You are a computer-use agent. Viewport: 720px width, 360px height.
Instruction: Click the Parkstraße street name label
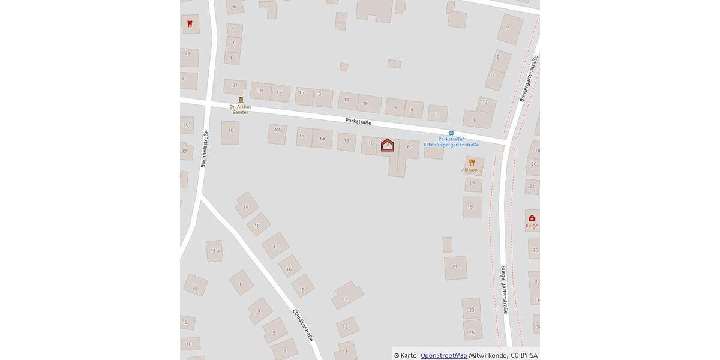358,121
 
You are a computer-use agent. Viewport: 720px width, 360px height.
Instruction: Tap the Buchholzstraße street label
203,148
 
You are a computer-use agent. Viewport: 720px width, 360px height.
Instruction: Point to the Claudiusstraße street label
302,325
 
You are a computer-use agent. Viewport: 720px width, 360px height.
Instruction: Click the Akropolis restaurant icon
472,162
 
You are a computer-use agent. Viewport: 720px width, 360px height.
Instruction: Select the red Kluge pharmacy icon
532,218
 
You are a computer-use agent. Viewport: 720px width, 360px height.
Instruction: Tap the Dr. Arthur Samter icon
241,100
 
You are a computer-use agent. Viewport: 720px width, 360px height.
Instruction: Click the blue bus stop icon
451,133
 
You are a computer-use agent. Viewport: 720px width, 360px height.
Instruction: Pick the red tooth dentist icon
190,24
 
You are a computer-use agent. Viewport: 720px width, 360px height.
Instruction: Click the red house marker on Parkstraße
388,145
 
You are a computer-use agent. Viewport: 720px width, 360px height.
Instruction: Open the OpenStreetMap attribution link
443,355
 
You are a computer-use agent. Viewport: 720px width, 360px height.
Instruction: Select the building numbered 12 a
214,251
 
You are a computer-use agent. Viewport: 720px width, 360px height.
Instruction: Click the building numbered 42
188,54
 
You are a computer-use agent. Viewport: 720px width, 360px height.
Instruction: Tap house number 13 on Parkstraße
319,94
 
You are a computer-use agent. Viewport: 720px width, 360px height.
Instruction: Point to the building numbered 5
412,111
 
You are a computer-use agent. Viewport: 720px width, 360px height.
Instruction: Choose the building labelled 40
185,125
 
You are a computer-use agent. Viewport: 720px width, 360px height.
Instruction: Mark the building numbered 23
472,310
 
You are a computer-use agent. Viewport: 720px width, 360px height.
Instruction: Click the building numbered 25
472,332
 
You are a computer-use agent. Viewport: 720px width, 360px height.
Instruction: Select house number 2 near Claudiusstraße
259,312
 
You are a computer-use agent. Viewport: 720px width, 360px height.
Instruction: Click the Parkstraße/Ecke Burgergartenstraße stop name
451,142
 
